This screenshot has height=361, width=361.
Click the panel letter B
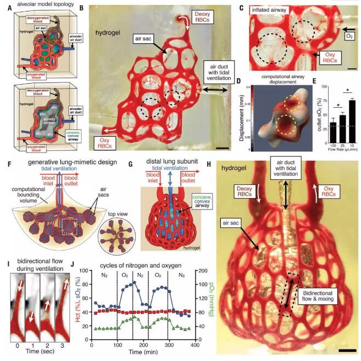82,9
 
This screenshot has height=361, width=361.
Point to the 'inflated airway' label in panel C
274,10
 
